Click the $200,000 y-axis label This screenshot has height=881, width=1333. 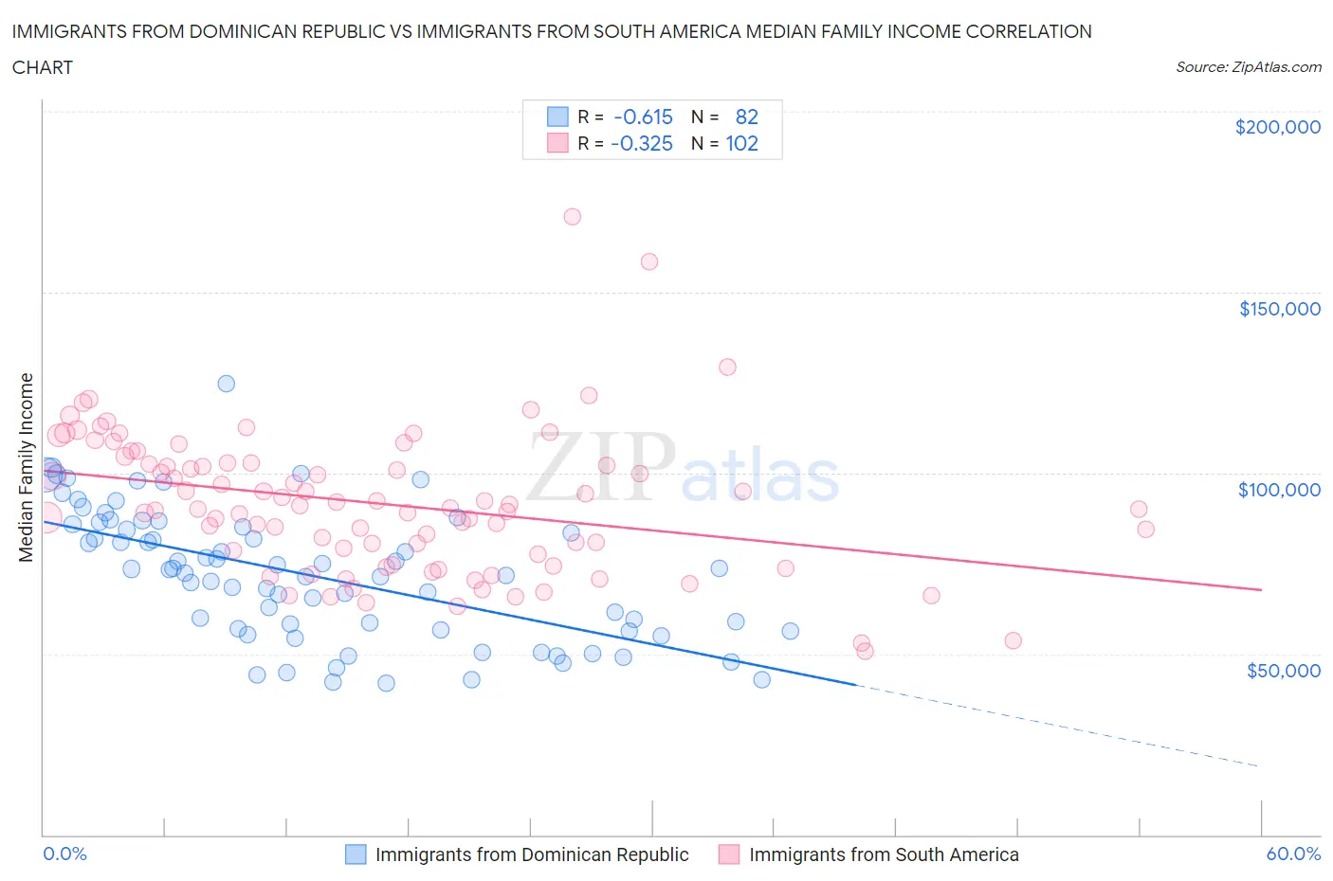point(1277,127)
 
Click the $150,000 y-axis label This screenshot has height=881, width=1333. point(1279,309)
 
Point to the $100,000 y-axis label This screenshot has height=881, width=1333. point(1279,490)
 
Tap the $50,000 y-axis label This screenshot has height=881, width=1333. point(1283,671)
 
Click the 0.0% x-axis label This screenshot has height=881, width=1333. point(64,854)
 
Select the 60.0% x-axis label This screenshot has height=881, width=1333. point(1293,854)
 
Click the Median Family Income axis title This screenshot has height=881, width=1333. point(27,467)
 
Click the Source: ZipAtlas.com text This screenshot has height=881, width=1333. point(1248,67)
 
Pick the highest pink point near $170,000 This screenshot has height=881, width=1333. point(572,217)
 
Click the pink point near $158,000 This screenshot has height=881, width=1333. point(649,261)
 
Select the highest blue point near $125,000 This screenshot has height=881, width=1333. point(226,384)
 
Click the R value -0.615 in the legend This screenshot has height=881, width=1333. point(643,117)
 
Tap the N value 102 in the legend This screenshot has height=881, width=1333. point(741,144)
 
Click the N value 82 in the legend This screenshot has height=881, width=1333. point(746,117)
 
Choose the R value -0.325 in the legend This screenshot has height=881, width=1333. point(642,144)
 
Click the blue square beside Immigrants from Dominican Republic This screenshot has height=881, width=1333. point(356,854)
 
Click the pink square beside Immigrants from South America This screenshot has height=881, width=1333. point(729,854)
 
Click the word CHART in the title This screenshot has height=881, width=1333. point(43,67)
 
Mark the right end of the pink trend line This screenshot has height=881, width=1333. point(1261,589)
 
